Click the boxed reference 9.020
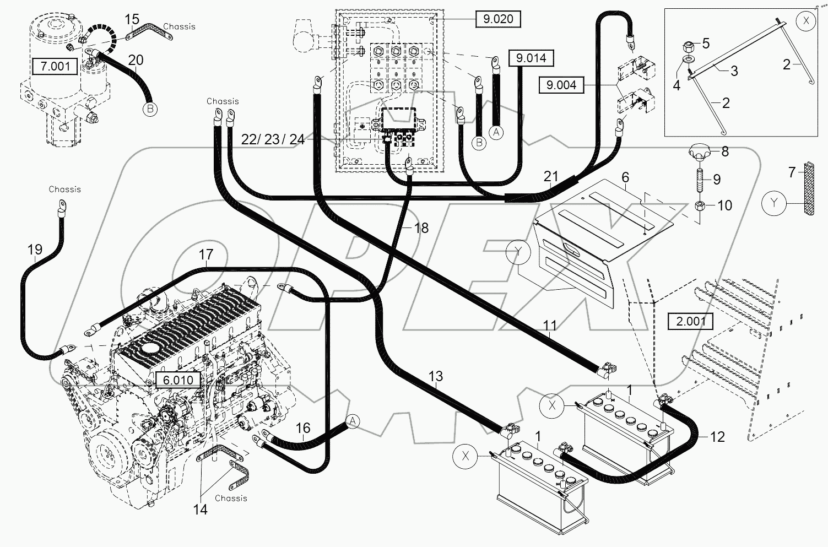pos(498,19)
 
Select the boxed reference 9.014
pos(531,58)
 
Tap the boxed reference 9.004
pos(561,85)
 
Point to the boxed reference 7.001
pos(55,67)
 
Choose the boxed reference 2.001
pos(690,321)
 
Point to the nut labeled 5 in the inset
pos(689,45)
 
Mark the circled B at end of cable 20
pos(150,109)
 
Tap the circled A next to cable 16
pos(353,421)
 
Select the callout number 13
pos(435,376)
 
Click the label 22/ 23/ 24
pos(273,139)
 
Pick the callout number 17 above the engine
pos(205,254)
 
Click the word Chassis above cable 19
pos(64,189)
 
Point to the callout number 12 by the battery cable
pos(717,437)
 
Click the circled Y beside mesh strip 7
pos(775,203)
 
